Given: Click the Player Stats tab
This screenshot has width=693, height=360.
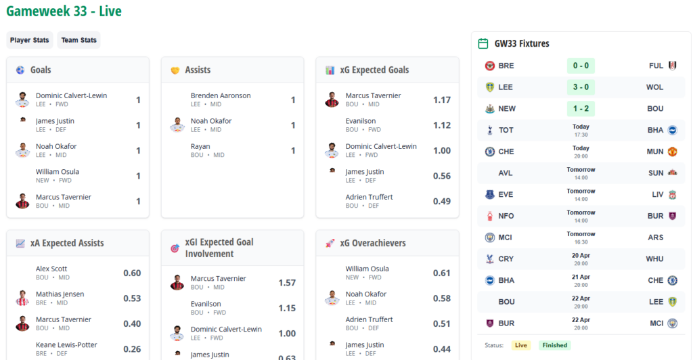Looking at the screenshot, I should [30, 40].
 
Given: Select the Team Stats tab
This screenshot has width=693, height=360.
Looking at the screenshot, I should [79, 40].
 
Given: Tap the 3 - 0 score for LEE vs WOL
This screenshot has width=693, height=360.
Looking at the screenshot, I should [581, 87].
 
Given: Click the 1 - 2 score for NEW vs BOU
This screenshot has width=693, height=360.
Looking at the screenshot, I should [581, 109].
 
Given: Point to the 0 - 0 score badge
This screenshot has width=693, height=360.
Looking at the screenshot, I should [581, 66].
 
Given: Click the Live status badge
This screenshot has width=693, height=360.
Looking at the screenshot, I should [521, 345].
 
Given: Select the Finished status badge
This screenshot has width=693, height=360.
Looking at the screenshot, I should [554, 345].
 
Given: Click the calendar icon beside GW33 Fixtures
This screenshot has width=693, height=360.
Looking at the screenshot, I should [483, 43].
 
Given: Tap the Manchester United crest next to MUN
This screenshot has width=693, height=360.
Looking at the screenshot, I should [672, 152].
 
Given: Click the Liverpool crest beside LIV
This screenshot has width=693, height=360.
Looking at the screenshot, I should [672, 195].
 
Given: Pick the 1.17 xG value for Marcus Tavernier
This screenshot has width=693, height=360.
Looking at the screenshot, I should [442, 100].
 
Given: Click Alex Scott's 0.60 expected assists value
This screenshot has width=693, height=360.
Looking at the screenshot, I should [132, 273].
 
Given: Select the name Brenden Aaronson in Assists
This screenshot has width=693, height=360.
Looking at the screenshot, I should [221, 95].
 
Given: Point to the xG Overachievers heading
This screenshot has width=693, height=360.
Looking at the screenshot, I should [373, 243].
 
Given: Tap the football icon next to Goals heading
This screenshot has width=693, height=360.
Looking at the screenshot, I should [20, 70].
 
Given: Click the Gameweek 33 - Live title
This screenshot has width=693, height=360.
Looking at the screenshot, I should [64, 12].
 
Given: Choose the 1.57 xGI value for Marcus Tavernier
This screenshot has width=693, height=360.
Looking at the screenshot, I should [287, 283].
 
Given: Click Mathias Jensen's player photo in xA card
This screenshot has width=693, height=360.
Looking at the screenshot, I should [23, 298].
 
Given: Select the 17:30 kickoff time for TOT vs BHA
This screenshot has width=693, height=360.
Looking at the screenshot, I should [581, 135].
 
